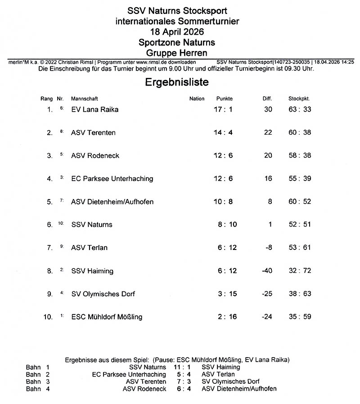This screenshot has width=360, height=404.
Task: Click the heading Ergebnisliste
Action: click(176, 83)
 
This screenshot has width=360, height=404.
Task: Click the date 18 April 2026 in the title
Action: click(177, 32)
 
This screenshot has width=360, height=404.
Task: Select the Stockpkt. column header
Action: click(299, 99)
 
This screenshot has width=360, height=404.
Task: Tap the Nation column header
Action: click(197, 99)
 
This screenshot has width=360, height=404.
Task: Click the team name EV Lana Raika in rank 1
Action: click(95, 109)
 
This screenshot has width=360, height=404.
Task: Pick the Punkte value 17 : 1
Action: click(223, 109)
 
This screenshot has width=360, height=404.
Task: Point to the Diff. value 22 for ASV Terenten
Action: click(268, 132)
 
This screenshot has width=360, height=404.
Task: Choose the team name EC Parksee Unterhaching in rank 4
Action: click(112, 179)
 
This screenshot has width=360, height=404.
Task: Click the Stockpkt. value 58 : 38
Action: click(300, 156)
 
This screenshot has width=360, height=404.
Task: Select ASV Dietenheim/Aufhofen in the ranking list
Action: click(112, 202)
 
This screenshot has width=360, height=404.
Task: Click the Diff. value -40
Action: click(267, 271)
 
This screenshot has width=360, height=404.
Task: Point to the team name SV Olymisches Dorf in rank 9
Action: click(103, 294)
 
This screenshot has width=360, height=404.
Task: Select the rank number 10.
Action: click(48, 317)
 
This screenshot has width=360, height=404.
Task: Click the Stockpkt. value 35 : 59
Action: click(300, 317)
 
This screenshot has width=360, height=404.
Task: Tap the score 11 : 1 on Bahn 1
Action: click(182, 367)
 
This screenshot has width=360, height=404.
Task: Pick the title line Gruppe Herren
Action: click(177, 53)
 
